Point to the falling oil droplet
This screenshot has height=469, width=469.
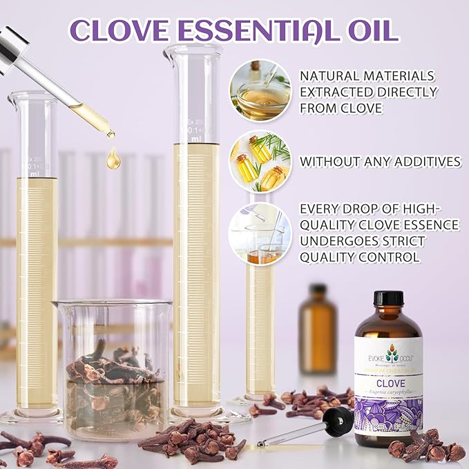113,160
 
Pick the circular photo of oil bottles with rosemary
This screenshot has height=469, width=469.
260,161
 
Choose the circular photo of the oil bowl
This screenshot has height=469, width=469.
260,90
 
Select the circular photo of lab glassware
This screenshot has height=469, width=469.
260,233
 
